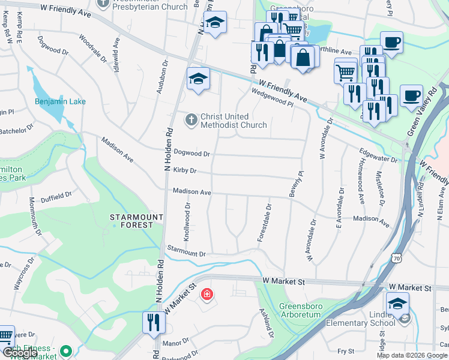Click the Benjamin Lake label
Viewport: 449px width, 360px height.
click(60, 101)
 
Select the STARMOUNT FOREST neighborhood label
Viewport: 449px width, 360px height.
click(136, 221)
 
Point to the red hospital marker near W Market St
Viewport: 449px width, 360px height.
click(206, 295)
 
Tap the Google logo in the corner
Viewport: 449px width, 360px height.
click(19, 353)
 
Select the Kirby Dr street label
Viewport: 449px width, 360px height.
click(185, 170)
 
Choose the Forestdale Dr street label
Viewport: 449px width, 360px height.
click(264, 223)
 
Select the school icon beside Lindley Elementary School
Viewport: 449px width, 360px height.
click(397, 304)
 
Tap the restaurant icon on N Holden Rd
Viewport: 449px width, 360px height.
click(154, 323)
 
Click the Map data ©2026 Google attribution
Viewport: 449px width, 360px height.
click(411, 355)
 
